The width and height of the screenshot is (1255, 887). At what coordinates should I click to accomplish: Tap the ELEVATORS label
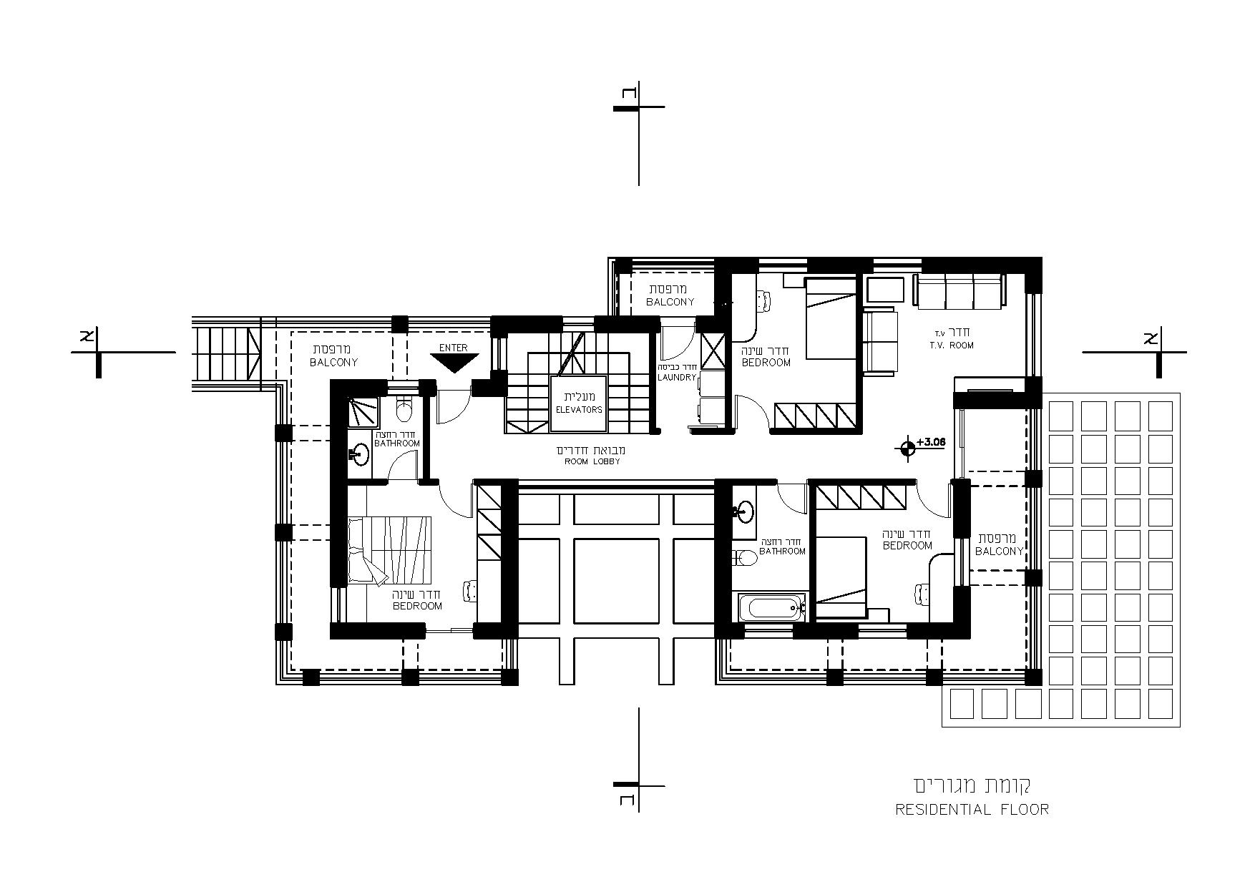click(x=579, y=410)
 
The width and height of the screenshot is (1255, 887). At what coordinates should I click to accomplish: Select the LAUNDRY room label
click(x=677, y=377)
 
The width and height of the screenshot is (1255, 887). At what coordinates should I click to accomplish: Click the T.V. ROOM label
click(x=951, y=346)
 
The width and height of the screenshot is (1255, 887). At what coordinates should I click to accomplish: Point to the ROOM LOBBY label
click(x=591, y=461)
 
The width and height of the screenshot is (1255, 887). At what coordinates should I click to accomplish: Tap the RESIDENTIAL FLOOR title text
click(x=972, y=810)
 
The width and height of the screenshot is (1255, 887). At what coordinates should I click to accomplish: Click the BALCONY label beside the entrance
click(x=333, y=362)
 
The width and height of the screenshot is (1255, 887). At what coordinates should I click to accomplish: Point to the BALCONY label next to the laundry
click(x=670, y=302)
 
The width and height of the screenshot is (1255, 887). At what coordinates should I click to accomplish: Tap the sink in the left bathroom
click(x=360, y=454)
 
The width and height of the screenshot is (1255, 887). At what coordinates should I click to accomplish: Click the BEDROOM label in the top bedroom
click(x=766, y=362)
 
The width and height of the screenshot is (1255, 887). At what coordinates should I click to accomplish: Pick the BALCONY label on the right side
click(x=999, y=551)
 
